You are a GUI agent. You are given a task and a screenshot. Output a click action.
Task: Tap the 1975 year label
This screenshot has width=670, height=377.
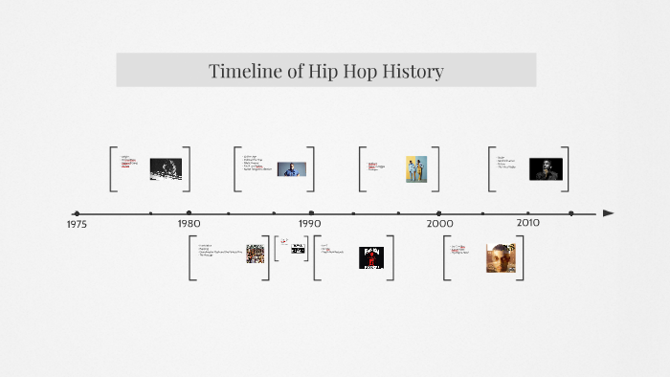(77, 224)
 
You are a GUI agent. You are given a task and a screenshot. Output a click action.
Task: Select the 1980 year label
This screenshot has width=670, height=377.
(189, 223)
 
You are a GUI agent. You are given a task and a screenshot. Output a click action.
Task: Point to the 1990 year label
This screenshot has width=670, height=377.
(309, 223)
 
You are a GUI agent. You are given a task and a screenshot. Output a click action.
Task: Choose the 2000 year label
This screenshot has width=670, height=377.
(439, 223)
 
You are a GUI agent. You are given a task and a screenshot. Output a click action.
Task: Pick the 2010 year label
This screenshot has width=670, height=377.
(528, 222)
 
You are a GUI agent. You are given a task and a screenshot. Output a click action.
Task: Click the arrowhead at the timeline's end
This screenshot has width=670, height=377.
(609, 212)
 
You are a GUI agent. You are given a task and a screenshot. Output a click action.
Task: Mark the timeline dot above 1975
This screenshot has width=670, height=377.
(77, 213)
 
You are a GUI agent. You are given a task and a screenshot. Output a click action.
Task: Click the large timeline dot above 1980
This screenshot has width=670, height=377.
(189, 212)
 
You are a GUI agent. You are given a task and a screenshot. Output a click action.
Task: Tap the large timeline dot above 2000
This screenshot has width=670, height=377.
(439, 212)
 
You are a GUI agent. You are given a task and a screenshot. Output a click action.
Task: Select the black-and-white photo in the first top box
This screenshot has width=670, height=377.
(165, 169)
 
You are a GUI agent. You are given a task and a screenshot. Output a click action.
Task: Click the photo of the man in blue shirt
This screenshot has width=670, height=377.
(292, 169)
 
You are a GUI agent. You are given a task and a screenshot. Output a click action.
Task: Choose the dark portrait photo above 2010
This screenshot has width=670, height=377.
(547, 169)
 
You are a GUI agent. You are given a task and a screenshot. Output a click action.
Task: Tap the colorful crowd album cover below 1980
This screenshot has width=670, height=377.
(255, 254)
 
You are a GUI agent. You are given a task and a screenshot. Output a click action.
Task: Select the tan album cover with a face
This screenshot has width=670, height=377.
(501, 258)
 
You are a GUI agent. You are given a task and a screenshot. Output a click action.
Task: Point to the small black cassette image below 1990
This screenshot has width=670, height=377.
(299, 249)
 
